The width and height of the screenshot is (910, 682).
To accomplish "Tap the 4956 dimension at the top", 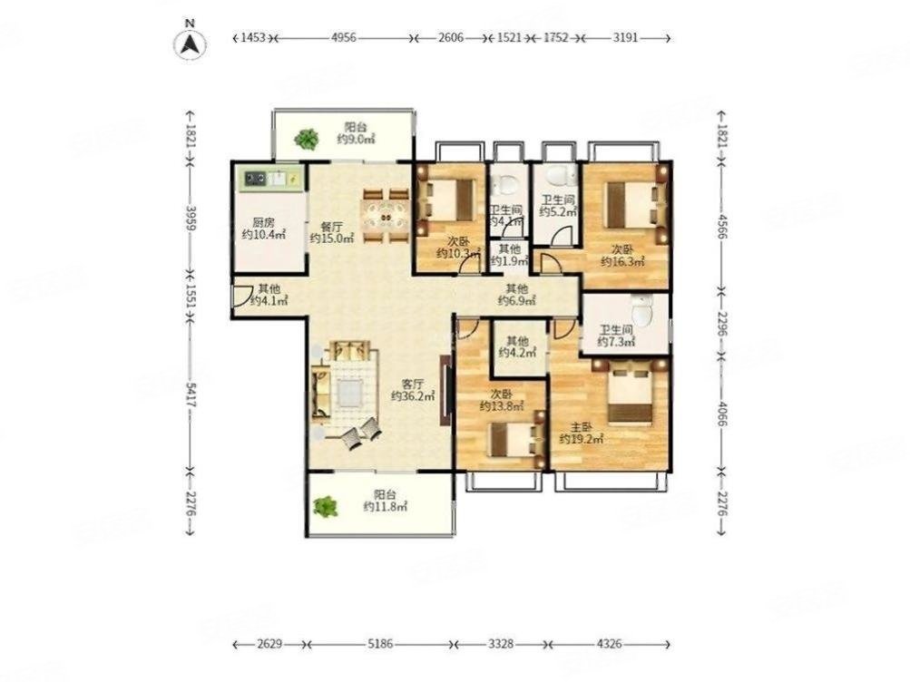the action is coord(344,38).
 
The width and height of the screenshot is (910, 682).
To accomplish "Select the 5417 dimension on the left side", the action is coord(191,393).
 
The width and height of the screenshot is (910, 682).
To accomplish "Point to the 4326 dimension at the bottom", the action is coord(609,644).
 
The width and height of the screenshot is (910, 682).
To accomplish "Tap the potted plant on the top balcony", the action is coord(306,139).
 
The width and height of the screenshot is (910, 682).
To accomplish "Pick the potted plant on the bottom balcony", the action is coord(326,507).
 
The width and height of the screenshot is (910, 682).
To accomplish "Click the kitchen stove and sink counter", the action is coord(270,179).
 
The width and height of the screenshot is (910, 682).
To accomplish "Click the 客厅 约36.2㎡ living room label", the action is coord(413,390).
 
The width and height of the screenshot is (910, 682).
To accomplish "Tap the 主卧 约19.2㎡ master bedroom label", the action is coord(581,434).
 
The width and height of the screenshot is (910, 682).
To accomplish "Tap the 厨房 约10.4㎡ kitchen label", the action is coord(263,229).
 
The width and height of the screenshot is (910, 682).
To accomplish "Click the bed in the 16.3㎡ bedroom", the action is coord(635,204).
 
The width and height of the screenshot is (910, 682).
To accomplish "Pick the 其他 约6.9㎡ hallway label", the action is coord(516,295).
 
